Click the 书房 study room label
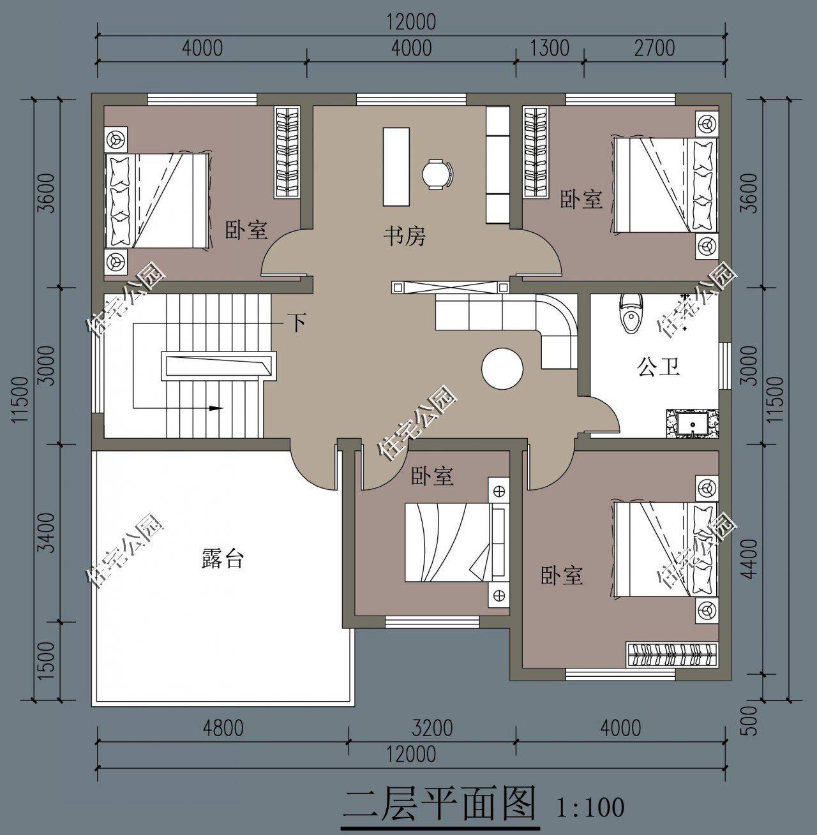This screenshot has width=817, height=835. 404,237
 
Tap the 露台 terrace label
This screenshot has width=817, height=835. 222,559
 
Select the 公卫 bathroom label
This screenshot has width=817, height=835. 658,367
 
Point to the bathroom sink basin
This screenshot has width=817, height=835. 692,424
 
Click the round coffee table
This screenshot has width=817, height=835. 502,367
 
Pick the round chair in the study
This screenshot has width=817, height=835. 437,174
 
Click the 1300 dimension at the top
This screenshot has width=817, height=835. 550,48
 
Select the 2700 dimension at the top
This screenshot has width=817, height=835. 654,48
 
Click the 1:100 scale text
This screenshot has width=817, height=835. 590,807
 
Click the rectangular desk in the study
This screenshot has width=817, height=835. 396,166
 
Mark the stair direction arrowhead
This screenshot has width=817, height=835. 216,408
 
